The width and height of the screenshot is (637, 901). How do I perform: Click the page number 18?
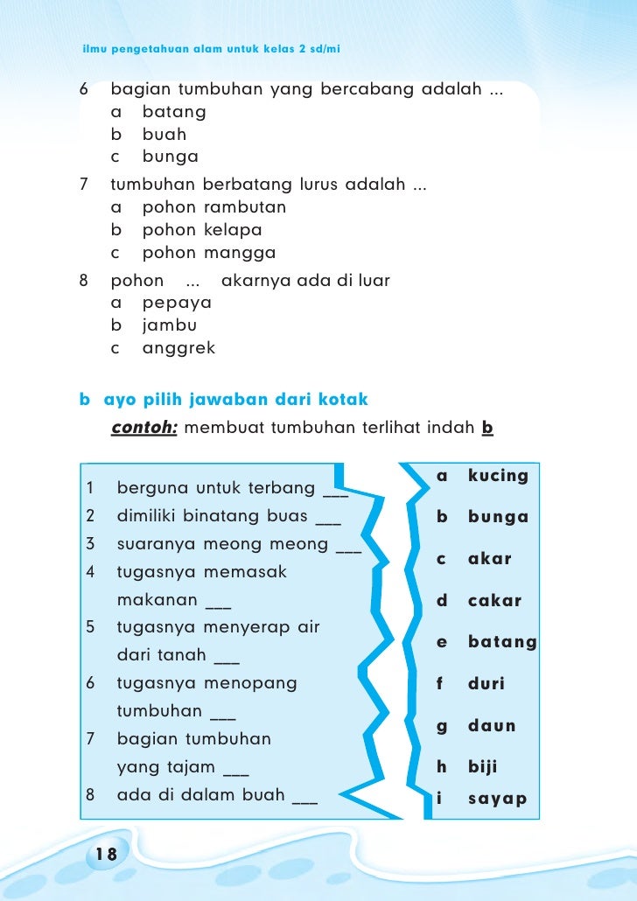tap(107, 854)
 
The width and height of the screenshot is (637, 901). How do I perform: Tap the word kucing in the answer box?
tap(498, 476)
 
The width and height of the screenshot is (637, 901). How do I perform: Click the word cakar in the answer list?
tap(494, 601)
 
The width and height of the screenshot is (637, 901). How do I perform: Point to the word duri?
tap(486, 684)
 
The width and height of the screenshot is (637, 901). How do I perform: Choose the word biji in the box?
tap(482, 767)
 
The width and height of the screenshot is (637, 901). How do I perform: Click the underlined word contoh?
tap(144, 429)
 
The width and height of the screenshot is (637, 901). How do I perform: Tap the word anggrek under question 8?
tap(178, 348)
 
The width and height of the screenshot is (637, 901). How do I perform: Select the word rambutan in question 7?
tap(245, 207)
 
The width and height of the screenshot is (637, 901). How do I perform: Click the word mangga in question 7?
tap(240, 254)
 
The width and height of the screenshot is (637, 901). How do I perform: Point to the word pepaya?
tap(177, 303)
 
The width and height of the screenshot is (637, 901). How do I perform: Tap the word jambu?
tap(170, 325)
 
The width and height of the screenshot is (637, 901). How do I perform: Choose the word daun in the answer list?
tap(492, 726)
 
